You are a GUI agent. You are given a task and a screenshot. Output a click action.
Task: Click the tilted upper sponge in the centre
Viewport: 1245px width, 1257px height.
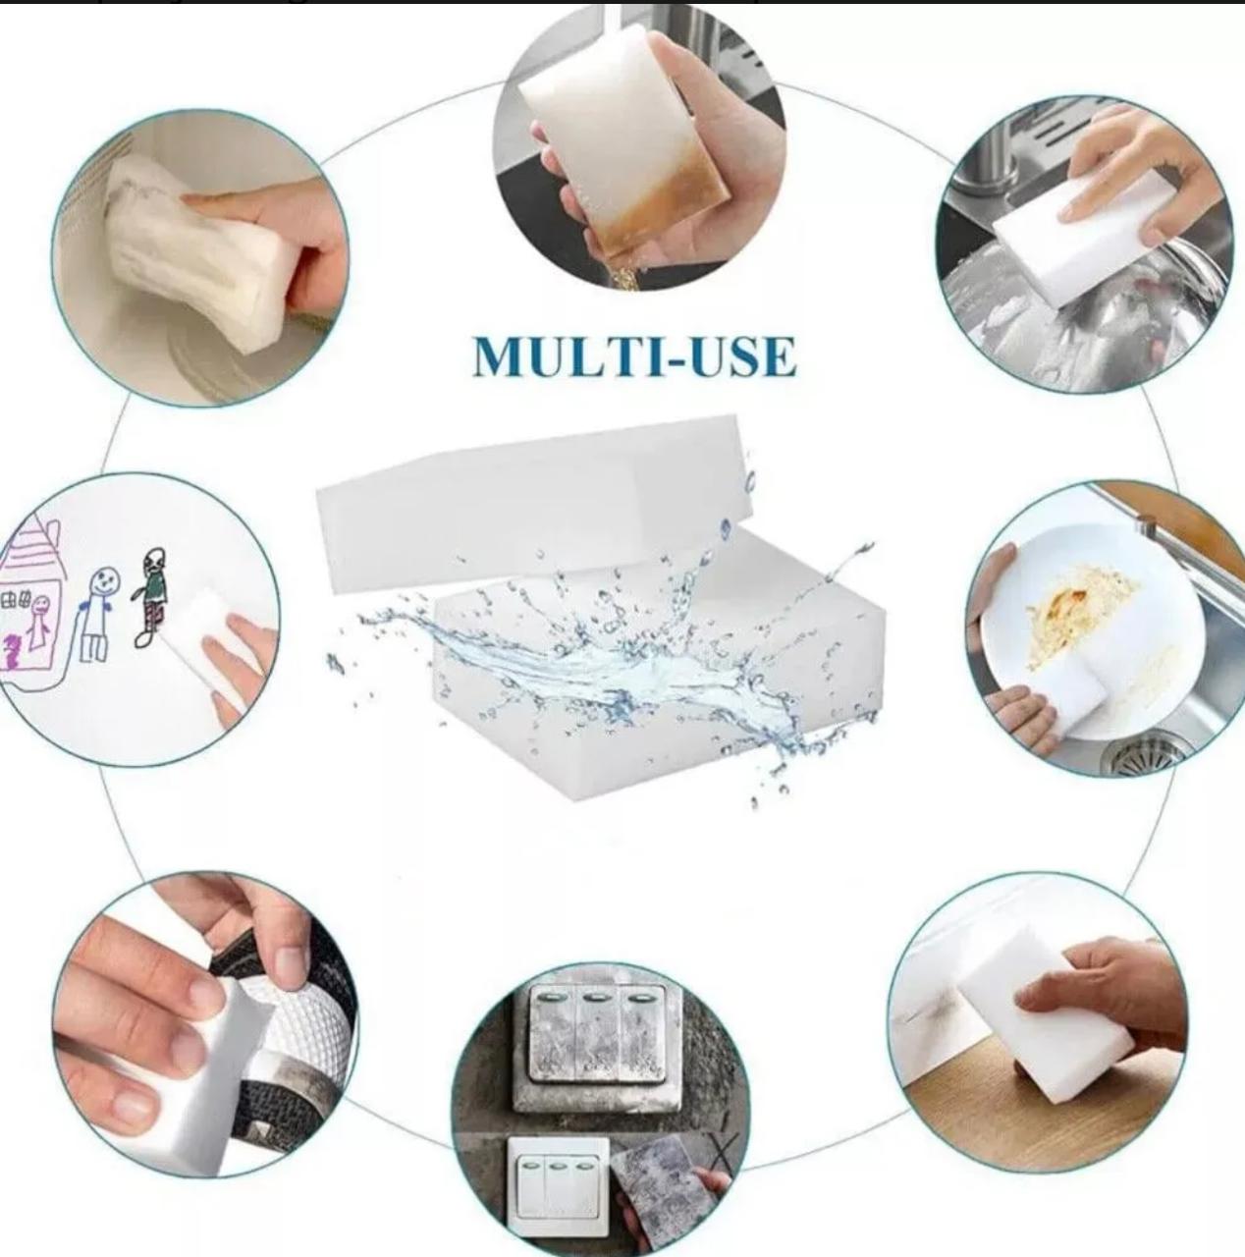click(x=535, y=500)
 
